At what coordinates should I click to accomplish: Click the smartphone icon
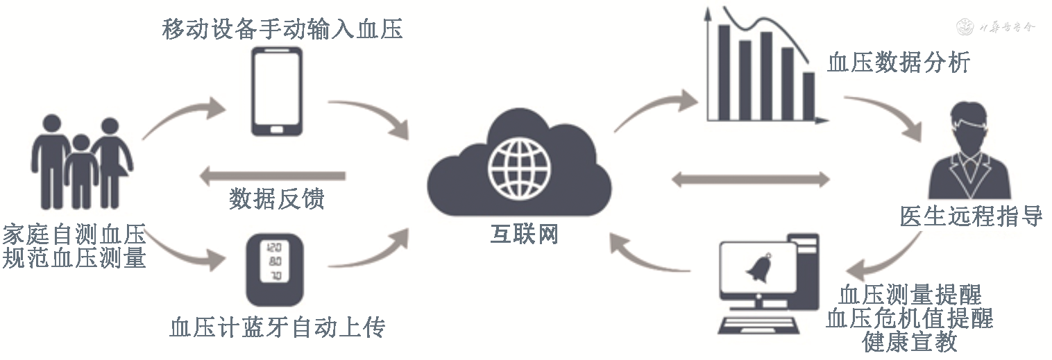point(276,90)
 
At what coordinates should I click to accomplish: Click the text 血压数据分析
point(899,63)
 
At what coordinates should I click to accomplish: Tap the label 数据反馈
point(277,200)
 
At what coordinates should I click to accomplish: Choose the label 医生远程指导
point(971,216)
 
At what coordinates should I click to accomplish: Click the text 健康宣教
point(909,341)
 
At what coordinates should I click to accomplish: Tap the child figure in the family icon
point(81,170)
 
